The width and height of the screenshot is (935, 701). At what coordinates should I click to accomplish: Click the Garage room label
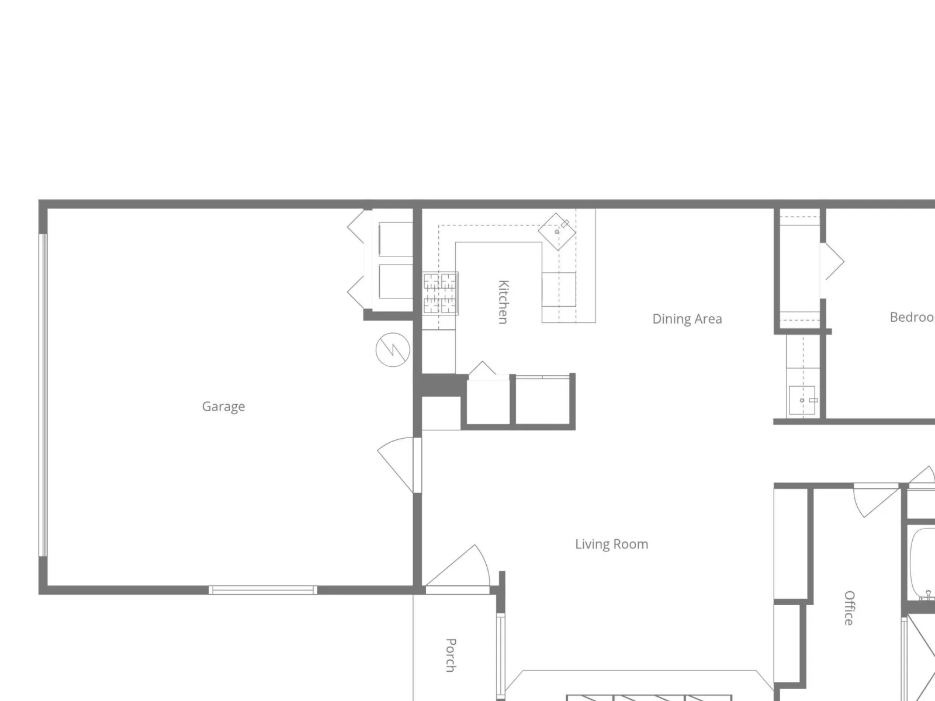point(223,407)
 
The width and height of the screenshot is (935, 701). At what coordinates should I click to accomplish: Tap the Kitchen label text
point(504,302)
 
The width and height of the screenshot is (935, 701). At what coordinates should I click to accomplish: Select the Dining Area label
point(687,319)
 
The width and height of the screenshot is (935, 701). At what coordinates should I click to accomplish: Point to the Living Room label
point(612,544)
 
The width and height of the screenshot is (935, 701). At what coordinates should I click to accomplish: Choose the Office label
point(849,608)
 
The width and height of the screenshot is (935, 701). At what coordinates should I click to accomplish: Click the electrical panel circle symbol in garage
point(393,350)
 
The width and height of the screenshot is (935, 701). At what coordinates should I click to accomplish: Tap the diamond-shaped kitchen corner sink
point(557,231)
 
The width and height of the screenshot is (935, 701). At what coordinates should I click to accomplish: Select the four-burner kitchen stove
point(441,294)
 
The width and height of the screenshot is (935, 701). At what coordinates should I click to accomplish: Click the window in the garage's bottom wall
point(263,590)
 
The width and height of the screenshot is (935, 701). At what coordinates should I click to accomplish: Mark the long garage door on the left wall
point(43,395)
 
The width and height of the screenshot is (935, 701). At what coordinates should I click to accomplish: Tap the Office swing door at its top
point(877,501)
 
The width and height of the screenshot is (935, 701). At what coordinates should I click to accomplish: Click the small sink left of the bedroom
point(802,400)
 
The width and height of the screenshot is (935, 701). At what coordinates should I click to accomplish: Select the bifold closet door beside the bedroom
point(832,270)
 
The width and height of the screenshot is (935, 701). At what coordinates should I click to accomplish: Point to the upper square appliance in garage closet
point(396,239)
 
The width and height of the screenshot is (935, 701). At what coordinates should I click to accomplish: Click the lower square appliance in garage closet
point(396,282)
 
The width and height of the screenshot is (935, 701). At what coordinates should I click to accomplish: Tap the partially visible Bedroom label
point(912,317)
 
